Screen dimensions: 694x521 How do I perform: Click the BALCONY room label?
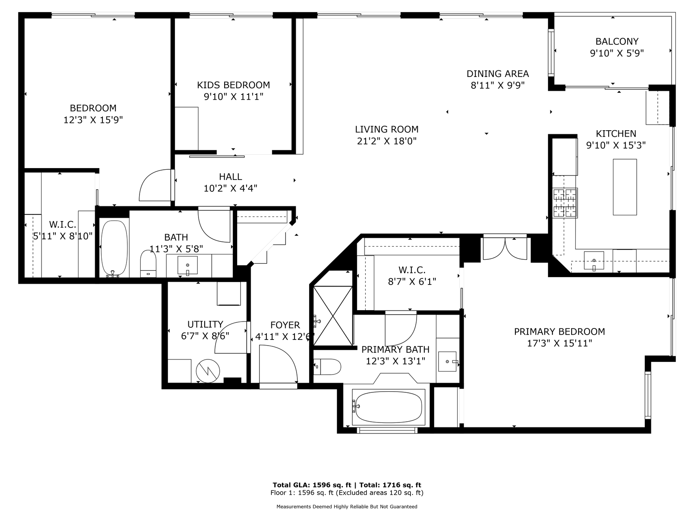pyautogui.click(x=617, y=42)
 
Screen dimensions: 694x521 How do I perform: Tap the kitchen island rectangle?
pyautogui.click(x=625, y=187)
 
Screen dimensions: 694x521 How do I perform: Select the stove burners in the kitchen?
pyautogui.click(x=565, y=203)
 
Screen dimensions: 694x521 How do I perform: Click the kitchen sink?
pyautogui.click(x=594, y=260)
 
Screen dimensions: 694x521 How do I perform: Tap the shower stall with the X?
pyautogui.click(x=333, y=316)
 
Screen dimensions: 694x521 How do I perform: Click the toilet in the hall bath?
pyautogui.click(x=148, y=263)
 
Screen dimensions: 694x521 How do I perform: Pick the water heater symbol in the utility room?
pyautogui.click(x=207, y=371)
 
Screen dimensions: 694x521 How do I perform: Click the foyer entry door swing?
pyautogui.click(x=279, y=364)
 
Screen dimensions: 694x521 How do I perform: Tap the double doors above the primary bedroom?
pyautogui.click(x=504, y=248)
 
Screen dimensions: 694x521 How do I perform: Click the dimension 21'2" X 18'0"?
pyautogui.click(x=386, y=141)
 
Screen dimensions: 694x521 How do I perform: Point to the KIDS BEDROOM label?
pyautogui.click(x=234, y=85)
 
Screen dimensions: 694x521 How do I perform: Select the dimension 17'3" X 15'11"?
pyautogui.click(x=559, y=343)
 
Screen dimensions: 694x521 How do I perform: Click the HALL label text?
pyautogui.click(x=231, y=177)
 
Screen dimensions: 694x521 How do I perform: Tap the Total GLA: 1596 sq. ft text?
pyautogui.click(x=312, y=485)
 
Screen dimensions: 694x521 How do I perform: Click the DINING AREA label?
pyautogui.click(x=498, y=74)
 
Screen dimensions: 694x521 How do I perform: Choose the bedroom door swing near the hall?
pyautogui.click(x=155, y=185)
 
